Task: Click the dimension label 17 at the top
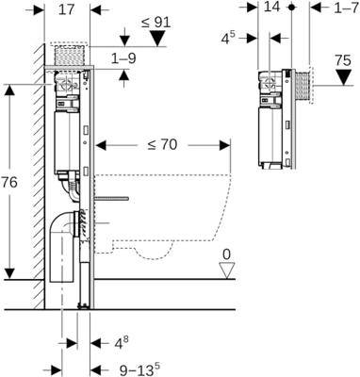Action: pyautogui.click(x=67, y=9)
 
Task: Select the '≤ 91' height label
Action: pyautogui.click(x=155, y=23)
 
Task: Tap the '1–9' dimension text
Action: pyautogui.click(x=124, y=58)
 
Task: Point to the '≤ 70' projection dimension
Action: pyautogui.click(x=162, y=145)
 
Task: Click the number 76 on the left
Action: pyautogui.click(x=8, y=182)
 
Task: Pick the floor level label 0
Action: pyautogui.click(x=226, y=254)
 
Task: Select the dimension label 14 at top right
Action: pyautogui.click(x=271, y=7)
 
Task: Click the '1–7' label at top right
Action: pyautogui.click(x=346, y=8)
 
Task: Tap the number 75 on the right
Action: pyautogui.click(x=343, y=60)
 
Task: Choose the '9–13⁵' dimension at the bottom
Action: pyautogui.click(x=139, y=370)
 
